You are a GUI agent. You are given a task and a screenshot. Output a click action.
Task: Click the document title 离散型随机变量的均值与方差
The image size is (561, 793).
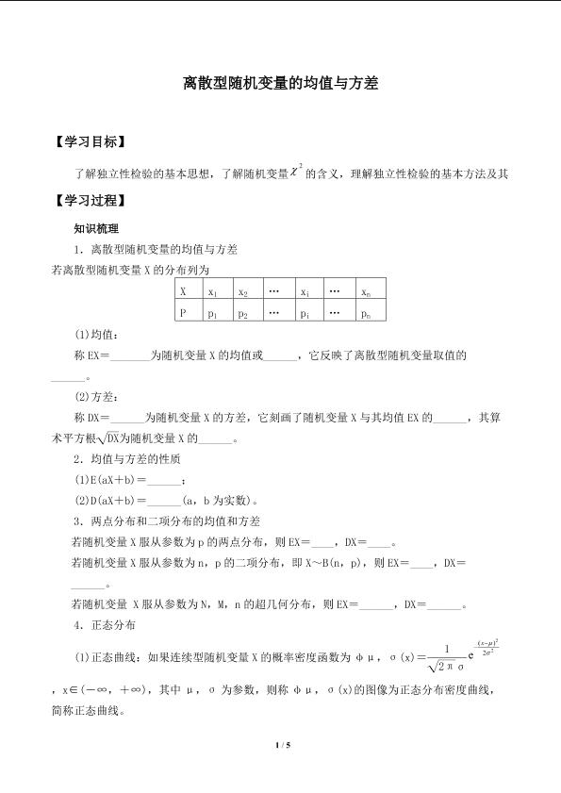pos(280,84)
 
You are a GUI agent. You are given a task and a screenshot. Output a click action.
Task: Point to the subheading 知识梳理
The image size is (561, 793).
pos(96,228)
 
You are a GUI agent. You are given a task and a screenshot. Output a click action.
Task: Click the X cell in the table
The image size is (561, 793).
pos(183,292)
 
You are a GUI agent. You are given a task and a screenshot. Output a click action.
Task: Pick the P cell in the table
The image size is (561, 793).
pos(183,313)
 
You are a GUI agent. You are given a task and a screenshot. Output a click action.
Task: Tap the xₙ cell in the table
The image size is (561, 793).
pos(366,293)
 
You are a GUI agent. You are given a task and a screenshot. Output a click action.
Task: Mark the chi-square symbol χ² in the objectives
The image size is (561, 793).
pos(296,171)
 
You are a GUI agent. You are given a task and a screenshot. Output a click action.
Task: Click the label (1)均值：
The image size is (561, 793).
pos(97,335)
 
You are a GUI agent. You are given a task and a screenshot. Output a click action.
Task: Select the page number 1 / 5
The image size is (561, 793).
pos(280,745)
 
